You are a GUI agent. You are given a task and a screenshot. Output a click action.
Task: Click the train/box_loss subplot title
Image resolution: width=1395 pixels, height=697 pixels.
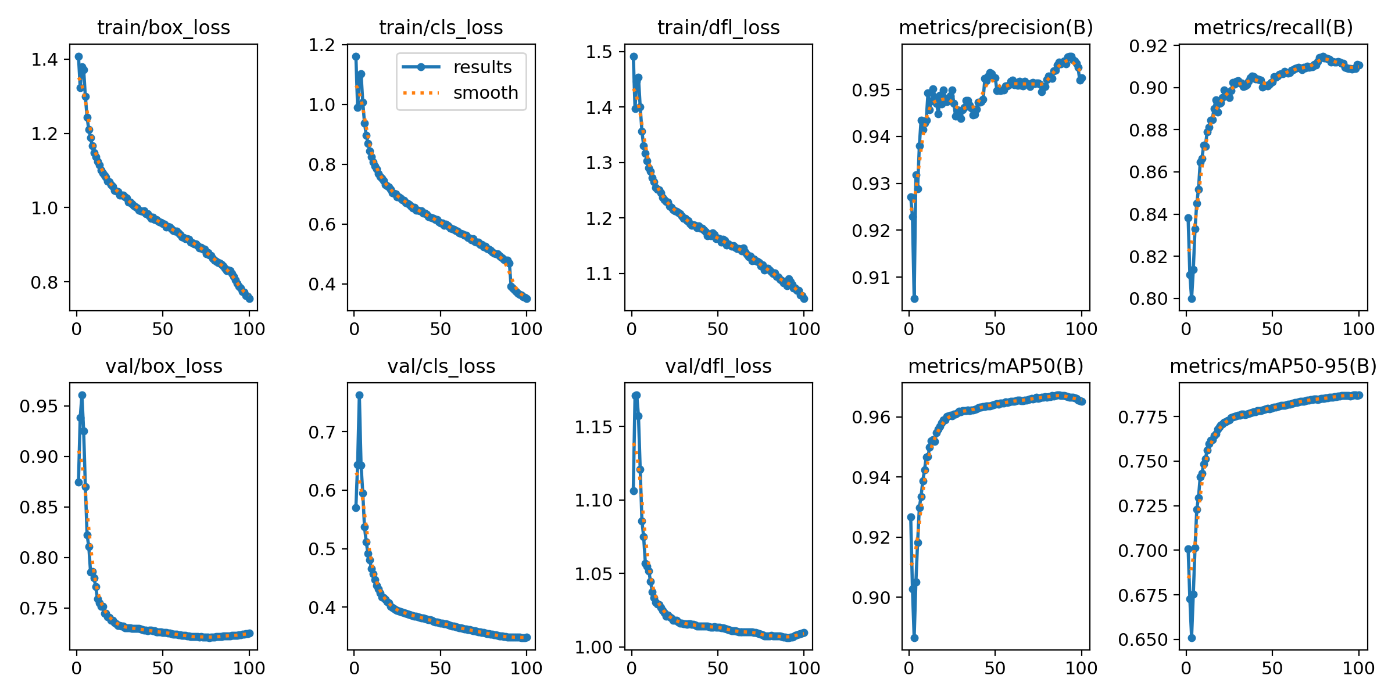click(163, 27)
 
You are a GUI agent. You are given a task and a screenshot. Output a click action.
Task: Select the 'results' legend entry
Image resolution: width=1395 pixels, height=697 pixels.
click(482, 67)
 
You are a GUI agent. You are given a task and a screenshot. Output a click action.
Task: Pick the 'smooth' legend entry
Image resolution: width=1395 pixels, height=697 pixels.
click(485, 93)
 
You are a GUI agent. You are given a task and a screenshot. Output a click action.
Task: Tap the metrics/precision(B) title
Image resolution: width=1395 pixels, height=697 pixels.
click(996, 27)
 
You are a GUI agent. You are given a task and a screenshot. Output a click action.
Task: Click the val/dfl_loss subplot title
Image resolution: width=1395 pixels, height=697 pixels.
click(718, 366)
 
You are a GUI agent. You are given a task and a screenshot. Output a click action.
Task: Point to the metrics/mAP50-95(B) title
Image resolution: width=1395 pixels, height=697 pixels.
click(1273, 366)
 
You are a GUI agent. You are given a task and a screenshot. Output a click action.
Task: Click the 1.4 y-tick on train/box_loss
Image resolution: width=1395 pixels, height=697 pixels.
click(44, 59)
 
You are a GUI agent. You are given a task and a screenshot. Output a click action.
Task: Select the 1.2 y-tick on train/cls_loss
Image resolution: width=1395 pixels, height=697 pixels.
click(322, 45)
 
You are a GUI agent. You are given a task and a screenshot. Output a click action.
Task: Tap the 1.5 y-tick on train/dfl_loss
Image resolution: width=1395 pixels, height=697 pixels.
click(599, 52)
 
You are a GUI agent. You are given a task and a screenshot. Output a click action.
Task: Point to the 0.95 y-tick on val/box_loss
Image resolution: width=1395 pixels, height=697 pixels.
click(38, 406)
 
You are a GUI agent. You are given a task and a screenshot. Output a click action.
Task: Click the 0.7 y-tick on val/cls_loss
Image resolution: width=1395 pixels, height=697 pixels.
click(322, 432)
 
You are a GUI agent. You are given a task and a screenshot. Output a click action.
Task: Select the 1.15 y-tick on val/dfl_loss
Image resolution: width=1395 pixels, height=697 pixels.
click(593, 427)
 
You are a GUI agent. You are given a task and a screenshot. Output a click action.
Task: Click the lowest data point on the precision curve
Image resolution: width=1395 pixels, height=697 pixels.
click(914, 299)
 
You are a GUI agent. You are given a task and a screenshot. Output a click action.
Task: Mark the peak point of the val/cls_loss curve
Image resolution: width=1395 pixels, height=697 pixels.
click(359, 395)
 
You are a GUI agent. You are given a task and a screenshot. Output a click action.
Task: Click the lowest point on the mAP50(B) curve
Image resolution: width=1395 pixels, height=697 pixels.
click(914, 638)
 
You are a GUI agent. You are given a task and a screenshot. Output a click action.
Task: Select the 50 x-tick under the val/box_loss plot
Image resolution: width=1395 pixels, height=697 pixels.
click(163, 669)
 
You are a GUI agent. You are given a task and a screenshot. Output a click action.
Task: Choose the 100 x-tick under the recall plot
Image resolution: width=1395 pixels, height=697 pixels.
click(1358, 329)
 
